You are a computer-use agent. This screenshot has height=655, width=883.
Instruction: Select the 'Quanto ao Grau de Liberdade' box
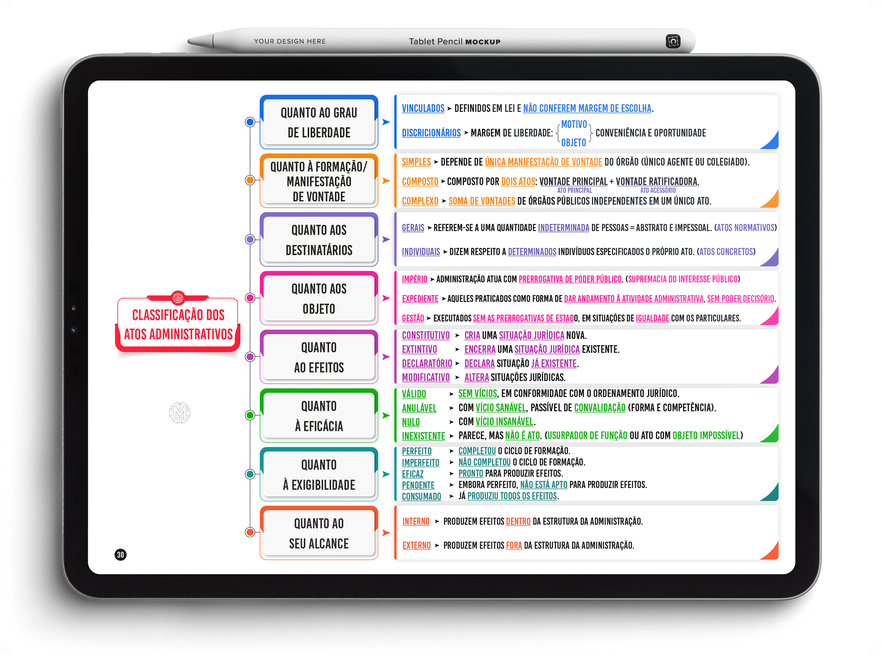point(319,122)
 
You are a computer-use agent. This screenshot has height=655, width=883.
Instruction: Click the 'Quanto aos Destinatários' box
point(319,239)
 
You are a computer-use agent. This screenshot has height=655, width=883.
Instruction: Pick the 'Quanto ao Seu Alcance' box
point(319,533)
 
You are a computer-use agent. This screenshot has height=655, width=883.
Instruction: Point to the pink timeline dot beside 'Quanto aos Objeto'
point(250,298)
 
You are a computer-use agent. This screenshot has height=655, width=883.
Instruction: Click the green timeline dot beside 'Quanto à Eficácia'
point(250,415)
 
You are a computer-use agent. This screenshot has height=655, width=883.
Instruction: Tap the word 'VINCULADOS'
point(423,108)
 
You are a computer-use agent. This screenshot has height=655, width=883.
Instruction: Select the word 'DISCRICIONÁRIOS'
point(431,133)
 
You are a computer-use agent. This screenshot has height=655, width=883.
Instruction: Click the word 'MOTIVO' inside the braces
point(574,124)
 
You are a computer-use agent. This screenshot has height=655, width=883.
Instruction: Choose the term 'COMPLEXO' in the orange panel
point(420,201)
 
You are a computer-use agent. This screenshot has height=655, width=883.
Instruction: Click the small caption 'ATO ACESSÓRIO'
point(658,190)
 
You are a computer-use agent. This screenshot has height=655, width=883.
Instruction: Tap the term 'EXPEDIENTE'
point(420,298)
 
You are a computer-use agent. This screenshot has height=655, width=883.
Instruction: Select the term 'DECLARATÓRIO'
point(427,363)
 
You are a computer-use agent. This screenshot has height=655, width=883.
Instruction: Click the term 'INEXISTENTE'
point(424,436)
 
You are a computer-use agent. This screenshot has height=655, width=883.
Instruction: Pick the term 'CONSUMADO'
point(421,496)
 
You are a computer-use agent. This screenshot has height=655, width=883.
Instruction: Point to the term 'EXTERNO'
point(416,545)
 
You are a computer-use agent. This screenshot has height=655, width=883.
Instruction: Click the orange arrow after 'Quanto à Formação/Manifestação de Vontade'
point(386,181)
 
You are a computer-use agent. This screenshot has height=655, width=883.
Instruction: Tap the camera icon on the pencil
point(673,41)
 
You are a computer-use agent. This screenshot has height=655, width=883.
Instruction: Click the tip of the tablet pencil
point(188,40)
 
